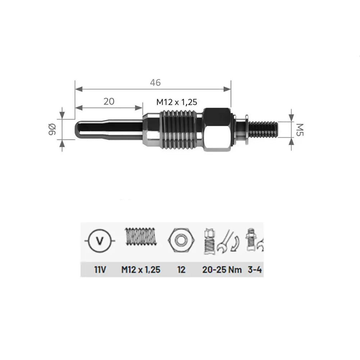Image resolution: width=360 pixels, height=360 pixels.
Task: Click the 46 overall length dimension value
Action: click(155, 82)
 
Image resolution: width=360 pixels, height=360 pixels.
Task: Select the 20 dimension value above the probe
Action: click(109, 101)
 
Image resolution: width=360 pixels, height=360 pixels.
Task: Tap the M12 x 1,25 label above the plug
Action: click(177, 102)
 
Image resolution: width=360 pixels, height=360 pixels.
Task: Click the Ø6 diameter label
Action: click(51, 129)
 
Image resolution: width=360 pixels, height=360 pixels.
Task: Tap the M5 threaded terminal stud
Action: click(263, 129)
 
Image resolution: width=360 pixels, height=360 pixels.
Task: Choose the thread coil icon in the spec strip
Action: click(141, 237)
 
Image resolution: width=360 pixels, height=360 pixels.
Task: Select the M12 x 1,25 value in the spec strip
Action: click(141, 269)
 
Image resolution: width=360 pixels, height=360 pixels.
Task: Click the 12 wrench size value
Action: click(182, 269)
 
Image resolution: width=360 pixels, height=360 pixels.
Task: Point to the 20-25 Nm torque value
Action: click(219, 269)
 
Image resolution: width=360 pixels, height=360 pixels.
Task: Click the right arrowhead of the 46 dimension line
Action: click(227, 88)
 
